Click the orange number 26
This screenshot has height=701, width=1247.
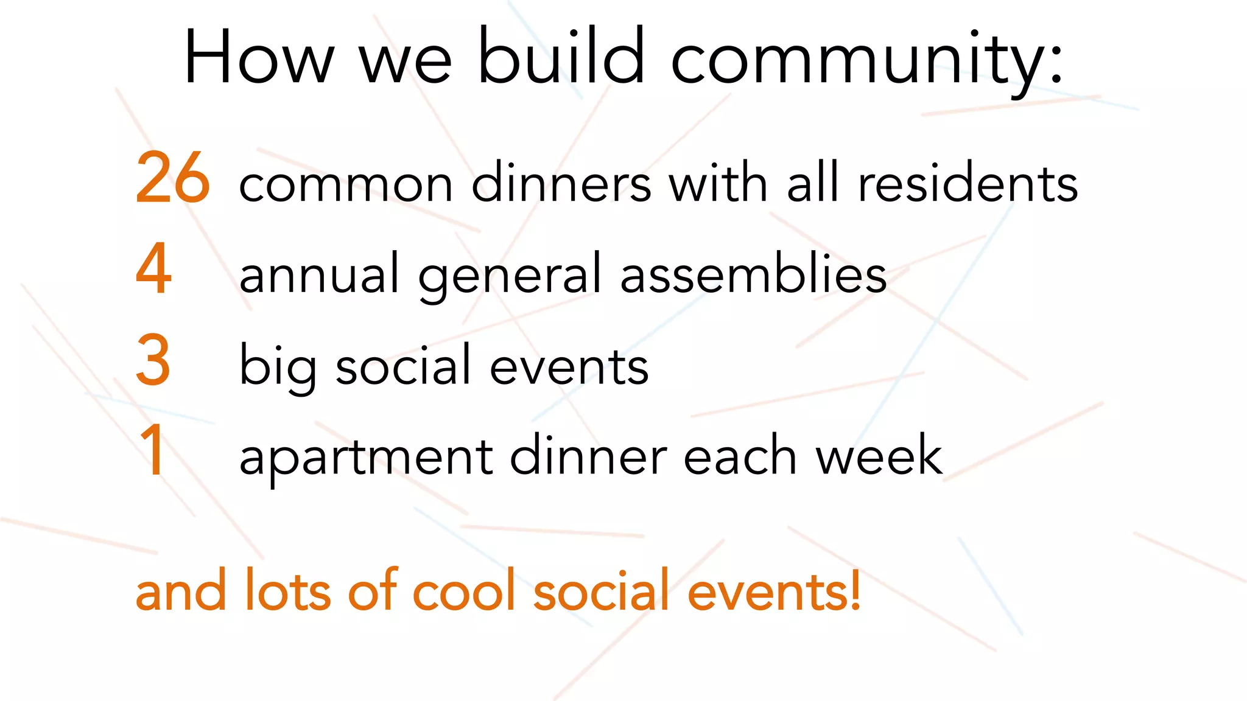[173, 178]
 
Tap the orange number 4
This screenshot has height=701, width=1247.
[153, 268]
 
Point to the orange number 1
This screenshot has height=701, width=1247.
[152, 451]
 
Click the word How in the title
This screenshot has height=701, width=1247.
[259, 58]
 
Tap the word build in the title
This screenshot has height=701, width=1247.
[561, 56]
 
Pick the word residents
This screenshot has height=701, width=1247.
[968, 183]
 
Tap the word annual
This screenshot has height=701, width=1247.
[319, 274]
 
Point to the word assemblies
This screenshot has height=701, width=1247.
[753, 274]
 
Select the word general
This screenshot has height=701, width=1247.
[510, 277]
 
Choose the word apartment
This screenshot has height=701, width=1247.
[366, 458]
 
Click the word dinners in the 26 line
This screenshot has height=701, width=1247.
[561, 183]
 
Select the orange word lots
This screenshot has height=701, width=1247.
[287, 590]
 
